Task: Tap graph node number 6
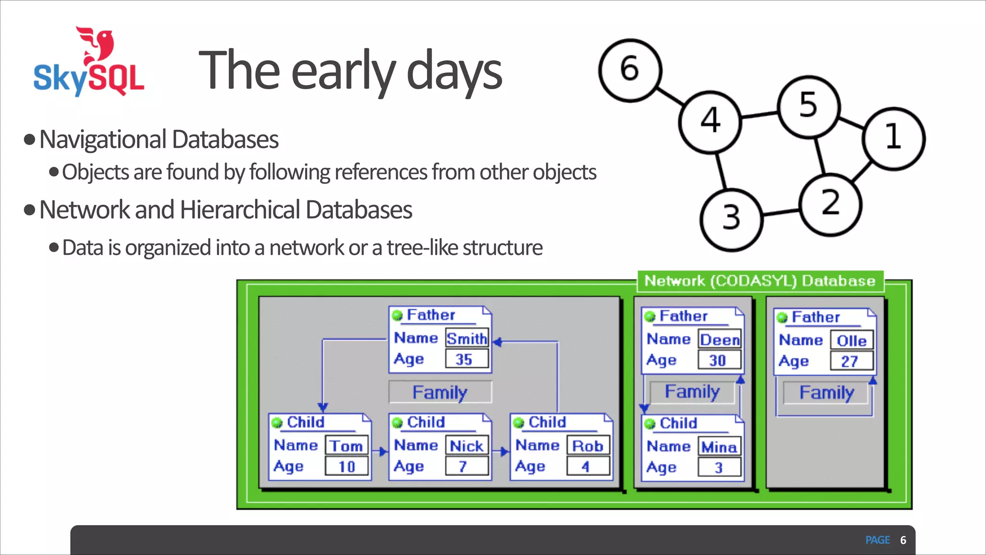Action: click(630, 70)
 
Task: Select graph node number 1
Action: click(894, 138)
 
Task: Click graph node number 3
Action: click(731, 219)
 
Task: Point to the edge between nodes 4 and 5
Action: click(759, 115)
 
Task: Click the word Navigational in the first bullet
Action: click(103, 140)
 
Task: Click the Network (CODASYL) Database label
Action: click(760, 281)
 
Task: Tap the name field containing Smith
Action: click(467, 339)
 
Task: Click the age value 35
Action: click(465, 359)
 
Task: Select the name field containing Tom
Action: click(346, 446)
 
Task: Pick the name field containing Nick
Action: click(466, 446)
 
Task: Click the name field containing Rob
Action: click(587, 446)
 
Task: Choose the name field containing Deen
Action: click(719, 340)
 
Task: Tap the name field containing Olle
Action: click(851, 341)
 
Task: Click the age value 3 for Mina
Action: click(718, 467)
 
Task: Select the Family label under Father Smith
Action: click(440, 392)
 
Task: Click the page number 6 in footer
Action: click(903, 540)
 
